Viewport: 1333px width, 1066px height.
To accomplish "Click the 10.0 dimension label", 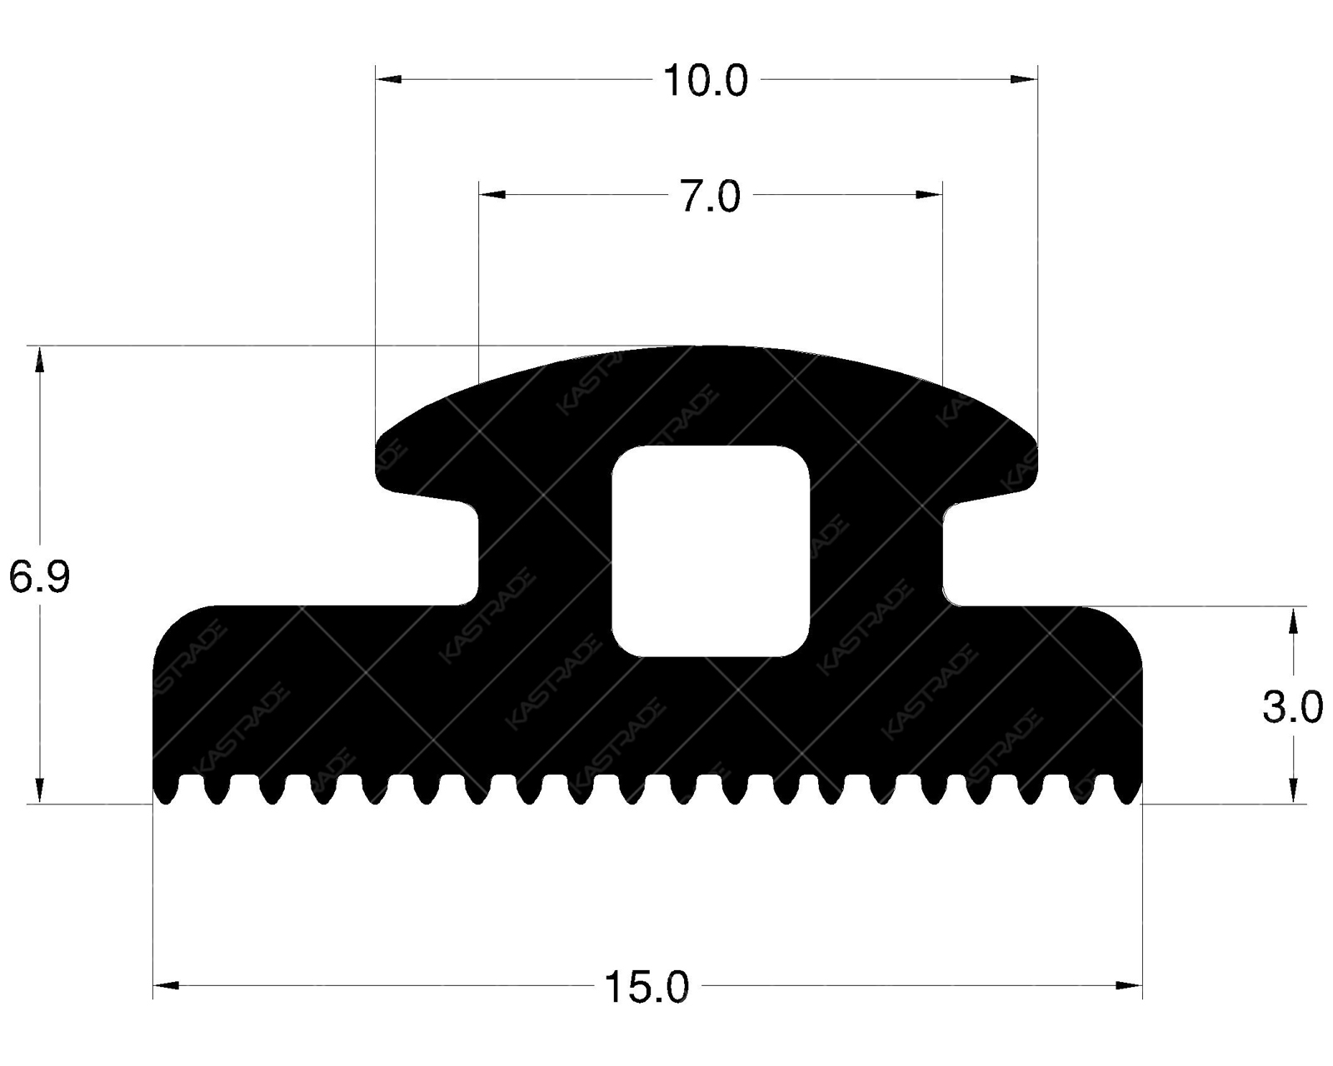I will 705,82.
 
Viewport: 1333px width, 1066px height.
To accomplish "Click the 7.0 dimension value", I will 710,198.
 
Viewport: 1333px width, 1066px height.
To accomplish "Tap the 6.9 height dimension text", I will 39,577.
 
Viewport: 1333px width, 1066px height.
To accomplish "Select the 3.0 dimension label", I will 1292,709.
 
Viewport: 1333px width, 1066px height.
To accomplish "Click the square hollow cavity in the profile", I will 711,550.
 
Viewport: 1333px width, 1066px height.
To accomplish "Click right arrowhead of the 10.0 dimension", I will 1024,79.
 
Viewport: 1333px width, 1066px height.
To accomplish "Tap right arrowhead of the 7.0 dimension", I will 928,195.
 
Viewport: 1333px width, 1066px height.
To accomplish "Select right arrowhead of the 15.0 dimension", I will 1129,986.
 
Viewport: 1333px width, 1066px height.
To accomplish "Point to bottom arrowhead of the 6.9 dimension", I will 38,790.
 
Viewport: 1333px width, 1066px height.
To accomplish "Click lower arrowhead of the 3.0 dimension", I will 1292,790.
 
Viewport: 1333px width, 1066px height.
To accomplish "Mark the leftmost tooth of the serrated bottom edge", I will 166,791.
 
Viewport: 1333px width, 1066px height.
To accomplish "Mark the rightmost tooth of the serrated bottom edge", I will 1130,791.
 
